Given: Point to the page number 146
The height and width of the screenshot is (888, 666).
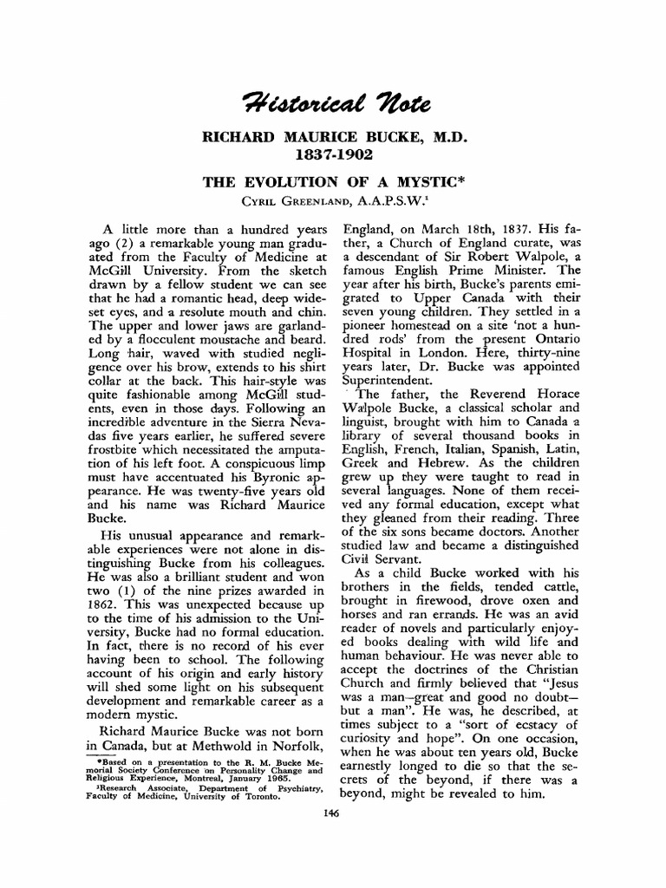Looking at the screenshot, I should click(330, 813).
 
